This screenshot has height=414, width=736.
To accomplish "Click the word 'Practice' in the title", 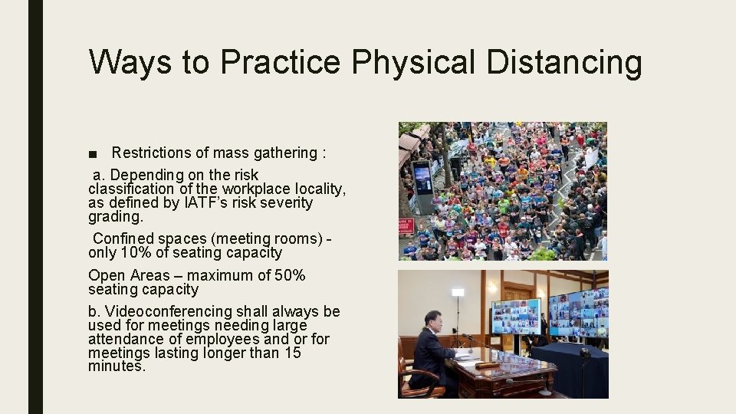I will click(279, 62).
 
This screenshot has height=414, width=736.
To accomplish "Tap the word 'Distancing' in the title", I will click(564, 62).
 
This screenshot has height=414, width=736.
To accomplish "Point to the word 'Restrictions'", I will click(156, 153).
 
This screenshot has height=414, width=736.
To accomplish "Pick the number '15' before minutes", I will click(292, 353).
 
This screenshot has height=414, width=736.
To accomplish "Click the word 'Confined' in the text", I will click(123, 238).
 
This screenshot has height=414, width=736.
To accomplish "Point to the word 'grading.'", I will click(115, 216).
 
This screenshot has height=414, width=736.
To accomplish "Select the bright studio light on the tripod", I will click(458, 292).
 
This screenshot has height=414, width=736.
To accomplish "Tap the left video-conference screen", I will click(515, 315).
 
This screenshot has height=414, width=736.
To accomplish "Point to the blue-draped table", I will click(571, 368).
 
